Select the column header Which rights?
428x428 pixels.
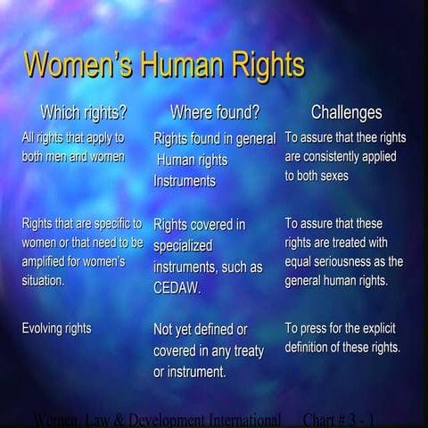coord(83,113)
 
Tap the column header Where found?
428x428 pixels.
coord(215,113)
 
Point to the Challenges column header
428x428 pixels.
coord(346,113)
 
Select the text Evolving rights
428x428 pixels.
coord(56,328)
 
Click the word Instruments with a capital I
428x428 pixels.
coord(185,181)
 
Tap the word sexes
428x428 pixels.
coord(332,176)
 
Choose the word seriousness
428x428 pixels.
coord(350,261)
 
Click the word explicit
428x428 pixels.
coord(382,328)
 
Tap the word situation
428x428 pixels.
coord(43,280)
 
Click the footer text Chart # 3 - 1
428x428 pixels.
coord(339,419)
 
